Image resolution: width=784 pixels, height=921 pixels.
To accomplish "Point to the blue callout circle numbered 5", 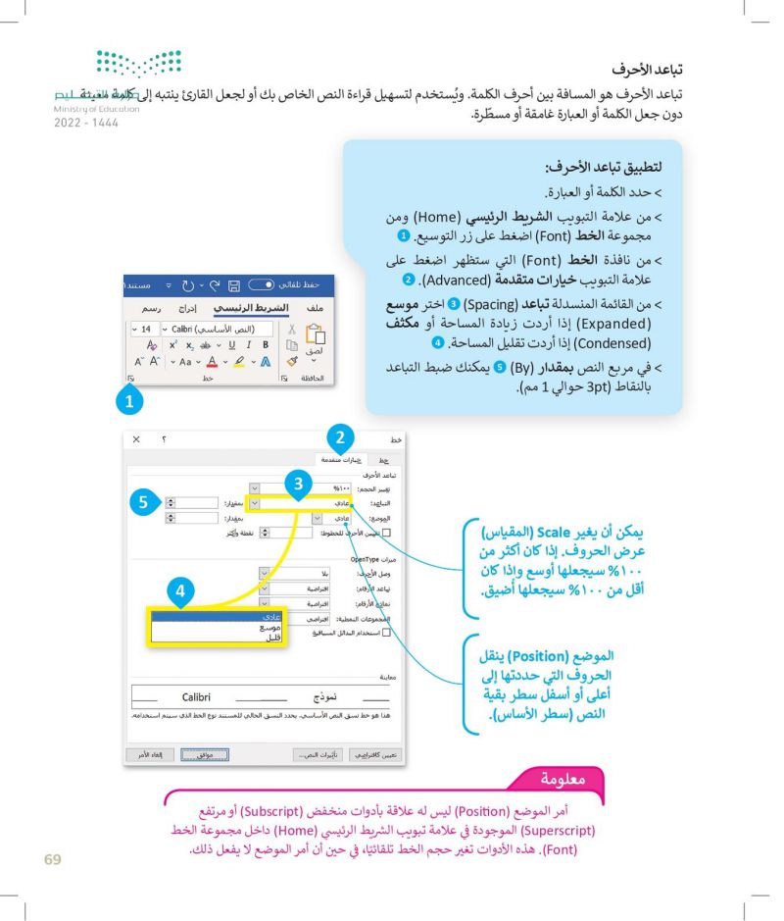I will [142, 502].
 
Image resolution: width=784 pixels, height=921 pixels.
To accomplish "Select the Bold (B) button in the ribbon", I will [264, 345].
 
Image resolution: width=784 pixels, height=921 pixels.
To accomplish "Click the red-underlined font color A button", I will [212, 363].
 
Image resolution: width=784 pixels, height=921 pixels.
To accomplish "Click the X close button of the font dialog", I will [136, 438].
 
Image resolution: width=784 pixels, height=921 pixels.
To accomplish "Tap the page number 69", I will [53, 860].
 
